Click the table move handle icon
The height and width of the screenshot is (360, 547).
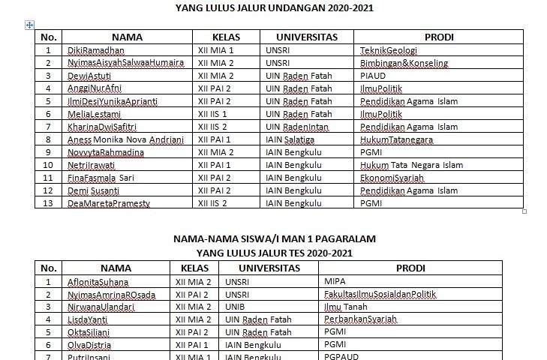tap(29, 25)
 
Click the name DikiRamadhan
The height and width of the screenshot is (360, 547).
tap(95, 50)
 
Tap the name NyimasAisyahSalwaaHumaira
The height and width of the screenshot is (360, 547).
tap(125, 63)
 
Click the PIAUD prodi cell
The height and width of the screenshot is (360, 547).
tap(373, 76)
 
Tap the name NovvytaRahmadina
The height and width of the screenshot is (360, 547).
tap(106, 152)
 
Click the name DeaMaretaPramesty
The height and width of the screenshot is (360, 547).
tap(108, 203)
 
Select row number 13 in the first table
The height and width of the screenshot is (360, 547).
tap(48, 203)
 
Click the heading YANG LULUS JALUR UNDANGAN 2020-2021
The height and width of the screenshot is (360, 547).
tap(273, 9)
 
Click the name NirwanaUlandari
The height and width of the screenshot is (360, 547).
tap(101, 307)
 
